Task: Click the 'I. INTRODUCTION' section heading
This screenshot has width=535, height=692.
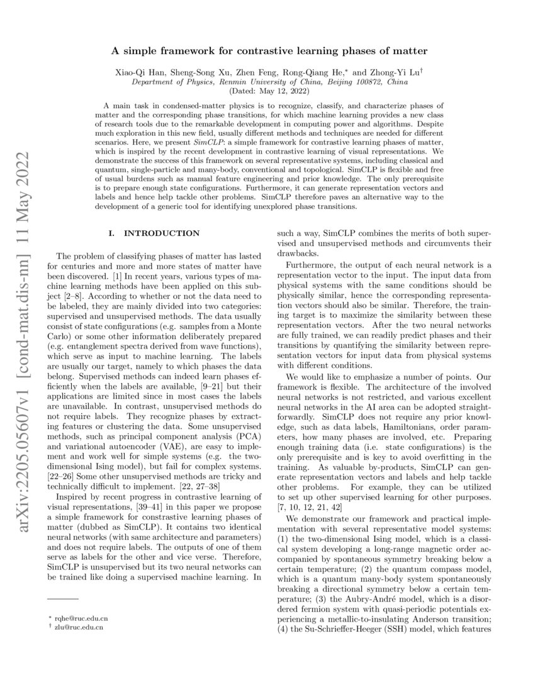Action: [x=154, y=233]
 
